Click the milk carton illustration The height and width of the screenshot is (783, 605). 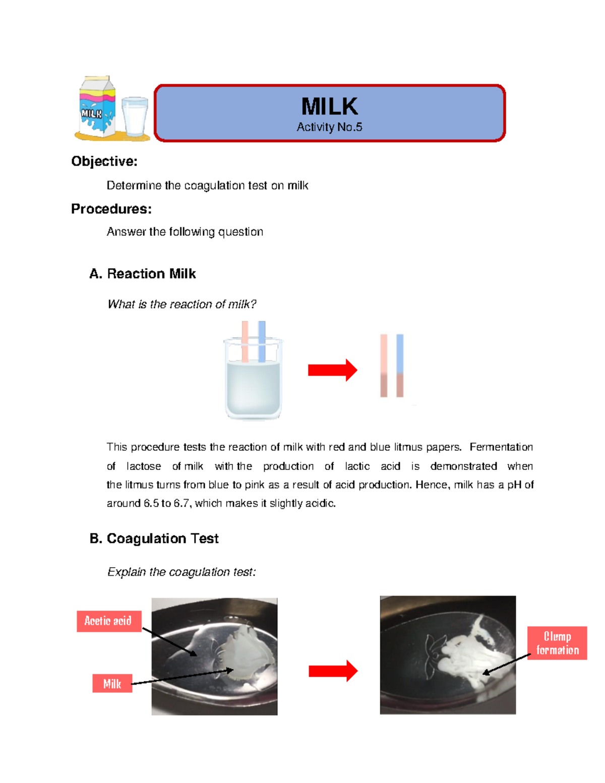[97, 107]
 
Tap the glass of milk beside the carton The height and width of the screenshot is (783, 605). [135, 116]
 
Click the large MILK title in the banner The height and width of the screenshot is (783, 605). [329, 106]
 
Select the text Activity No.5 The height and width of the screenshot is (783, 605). [329, 127]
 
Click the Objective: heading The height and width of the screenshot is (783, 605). [104, 161]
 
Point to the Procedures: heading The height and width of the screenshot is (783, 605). [111, 209]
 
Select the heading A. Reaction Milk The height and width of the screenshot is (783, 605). [143, 274]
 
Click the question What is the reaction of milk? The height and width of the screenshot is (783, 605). [182, 304]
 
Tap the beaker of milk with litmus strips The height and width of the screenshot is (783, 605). [253, 376]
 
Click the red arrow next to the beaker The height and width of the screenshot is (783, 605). [332, 371]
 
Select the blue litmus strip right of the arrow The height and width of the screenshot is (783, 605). [400, 365]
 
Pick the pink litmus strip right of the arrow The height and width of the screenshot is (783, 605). [384, 365]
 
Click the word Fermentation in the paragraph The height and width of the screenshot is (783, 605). [501, 447]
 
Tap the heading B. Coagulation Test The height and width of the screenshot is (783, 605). [154, 538]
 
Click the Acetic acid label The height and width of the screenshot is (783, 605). [108, 621]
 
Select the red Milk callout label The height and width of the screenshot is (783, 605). [112, 684]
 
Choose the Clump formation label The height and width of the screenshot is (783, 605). [557, 643]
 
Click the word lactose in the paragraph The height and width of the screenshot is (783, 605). [144, 466]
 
